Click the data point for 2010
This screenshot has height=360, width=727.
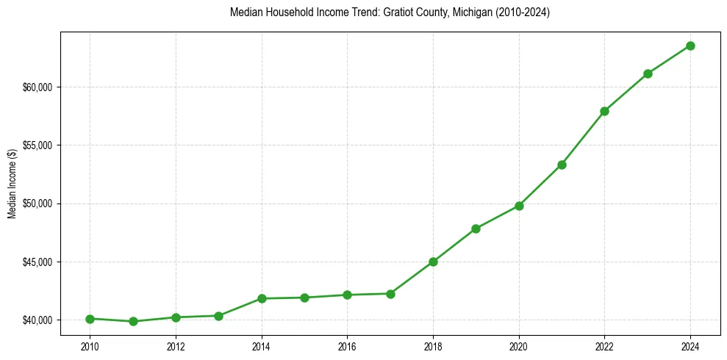(x=90, y=319)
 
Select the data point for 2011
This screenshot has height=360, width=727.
(x=133, y=321)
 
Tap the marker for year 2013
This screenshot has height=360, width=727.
(x=218, y=316)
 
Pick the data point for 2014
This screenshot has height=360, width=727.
(x=262, y=298)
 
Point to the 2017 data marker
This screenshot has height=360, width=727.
(x=390, y=294)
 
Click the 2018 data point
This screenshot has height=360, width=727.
(x=433, y=262)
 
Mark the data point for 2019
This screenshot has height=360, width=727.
(x=476, y=228)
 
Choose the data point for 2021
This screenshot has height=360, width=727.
(x=562, y=165)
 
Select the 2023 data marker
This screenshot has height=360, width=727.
(x=648, y=73)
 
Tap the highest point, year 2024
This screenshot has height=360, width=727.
(x=691, y=46)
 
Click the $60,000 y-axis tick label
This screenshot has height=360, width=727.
(x=38, y=87)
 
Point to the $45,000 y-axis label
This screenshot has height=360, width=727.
(x=38, y=262)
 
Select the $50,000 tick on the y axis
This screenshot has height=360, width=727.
(x=38, y=204)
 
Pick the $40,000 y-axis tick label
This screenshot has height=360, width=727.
(x=38, y=320)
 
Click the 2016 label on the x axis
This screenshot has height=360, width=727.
(x=347, y=346)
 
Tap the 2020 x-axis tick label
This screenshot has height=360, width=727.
(x=519, y=346)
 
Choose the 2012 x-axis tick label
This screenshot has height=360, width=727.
(x=176, y=346)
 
